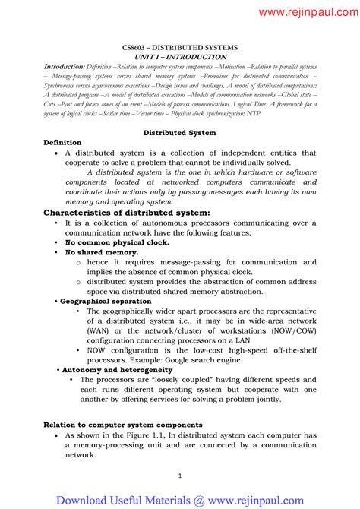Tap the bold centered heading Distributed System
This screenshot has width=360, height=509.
click(x=180, y=132)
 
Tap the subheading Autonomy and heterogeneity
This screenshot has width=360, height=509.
click(x=112, y=369)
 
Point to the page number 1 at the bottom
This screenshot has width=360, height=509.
click(x=180, y=476)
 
